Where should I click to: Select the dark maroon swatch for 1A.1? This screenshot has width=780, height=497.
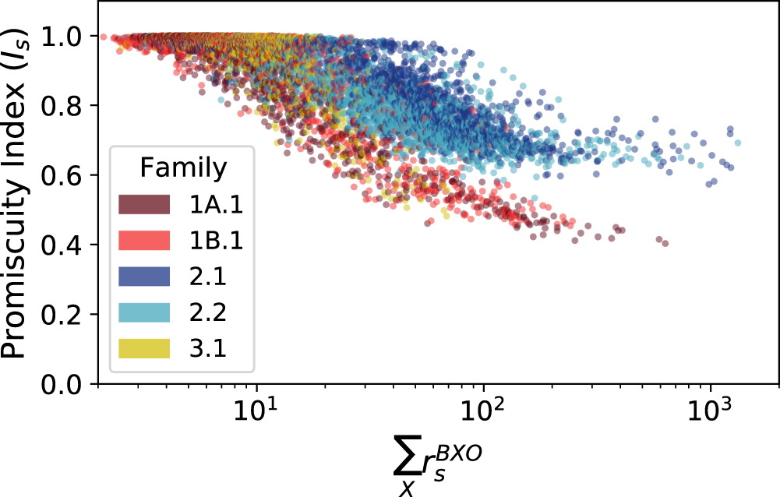(x=144, y=203)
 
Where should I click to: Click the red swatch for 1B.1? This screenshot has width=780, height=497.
(x=144, y=240)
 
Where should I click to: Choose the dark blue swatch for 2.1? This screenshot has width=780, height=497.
(x=144, y=276)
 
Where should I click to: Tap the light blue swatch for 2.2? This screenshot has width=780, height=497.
(x=144, y=312)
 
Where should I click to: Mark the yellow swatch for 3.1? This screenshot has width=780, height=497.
(x=144, y=348)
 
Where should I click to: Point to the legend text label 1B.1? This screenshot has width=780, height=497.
(x=216, y=240)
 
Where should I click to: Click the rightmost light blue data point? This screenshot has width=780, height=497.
(x=737, y=143)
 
